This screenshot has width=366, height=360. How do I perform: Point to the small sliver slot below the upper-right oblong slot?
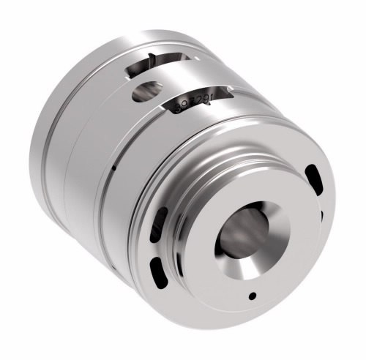(321, 214)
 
